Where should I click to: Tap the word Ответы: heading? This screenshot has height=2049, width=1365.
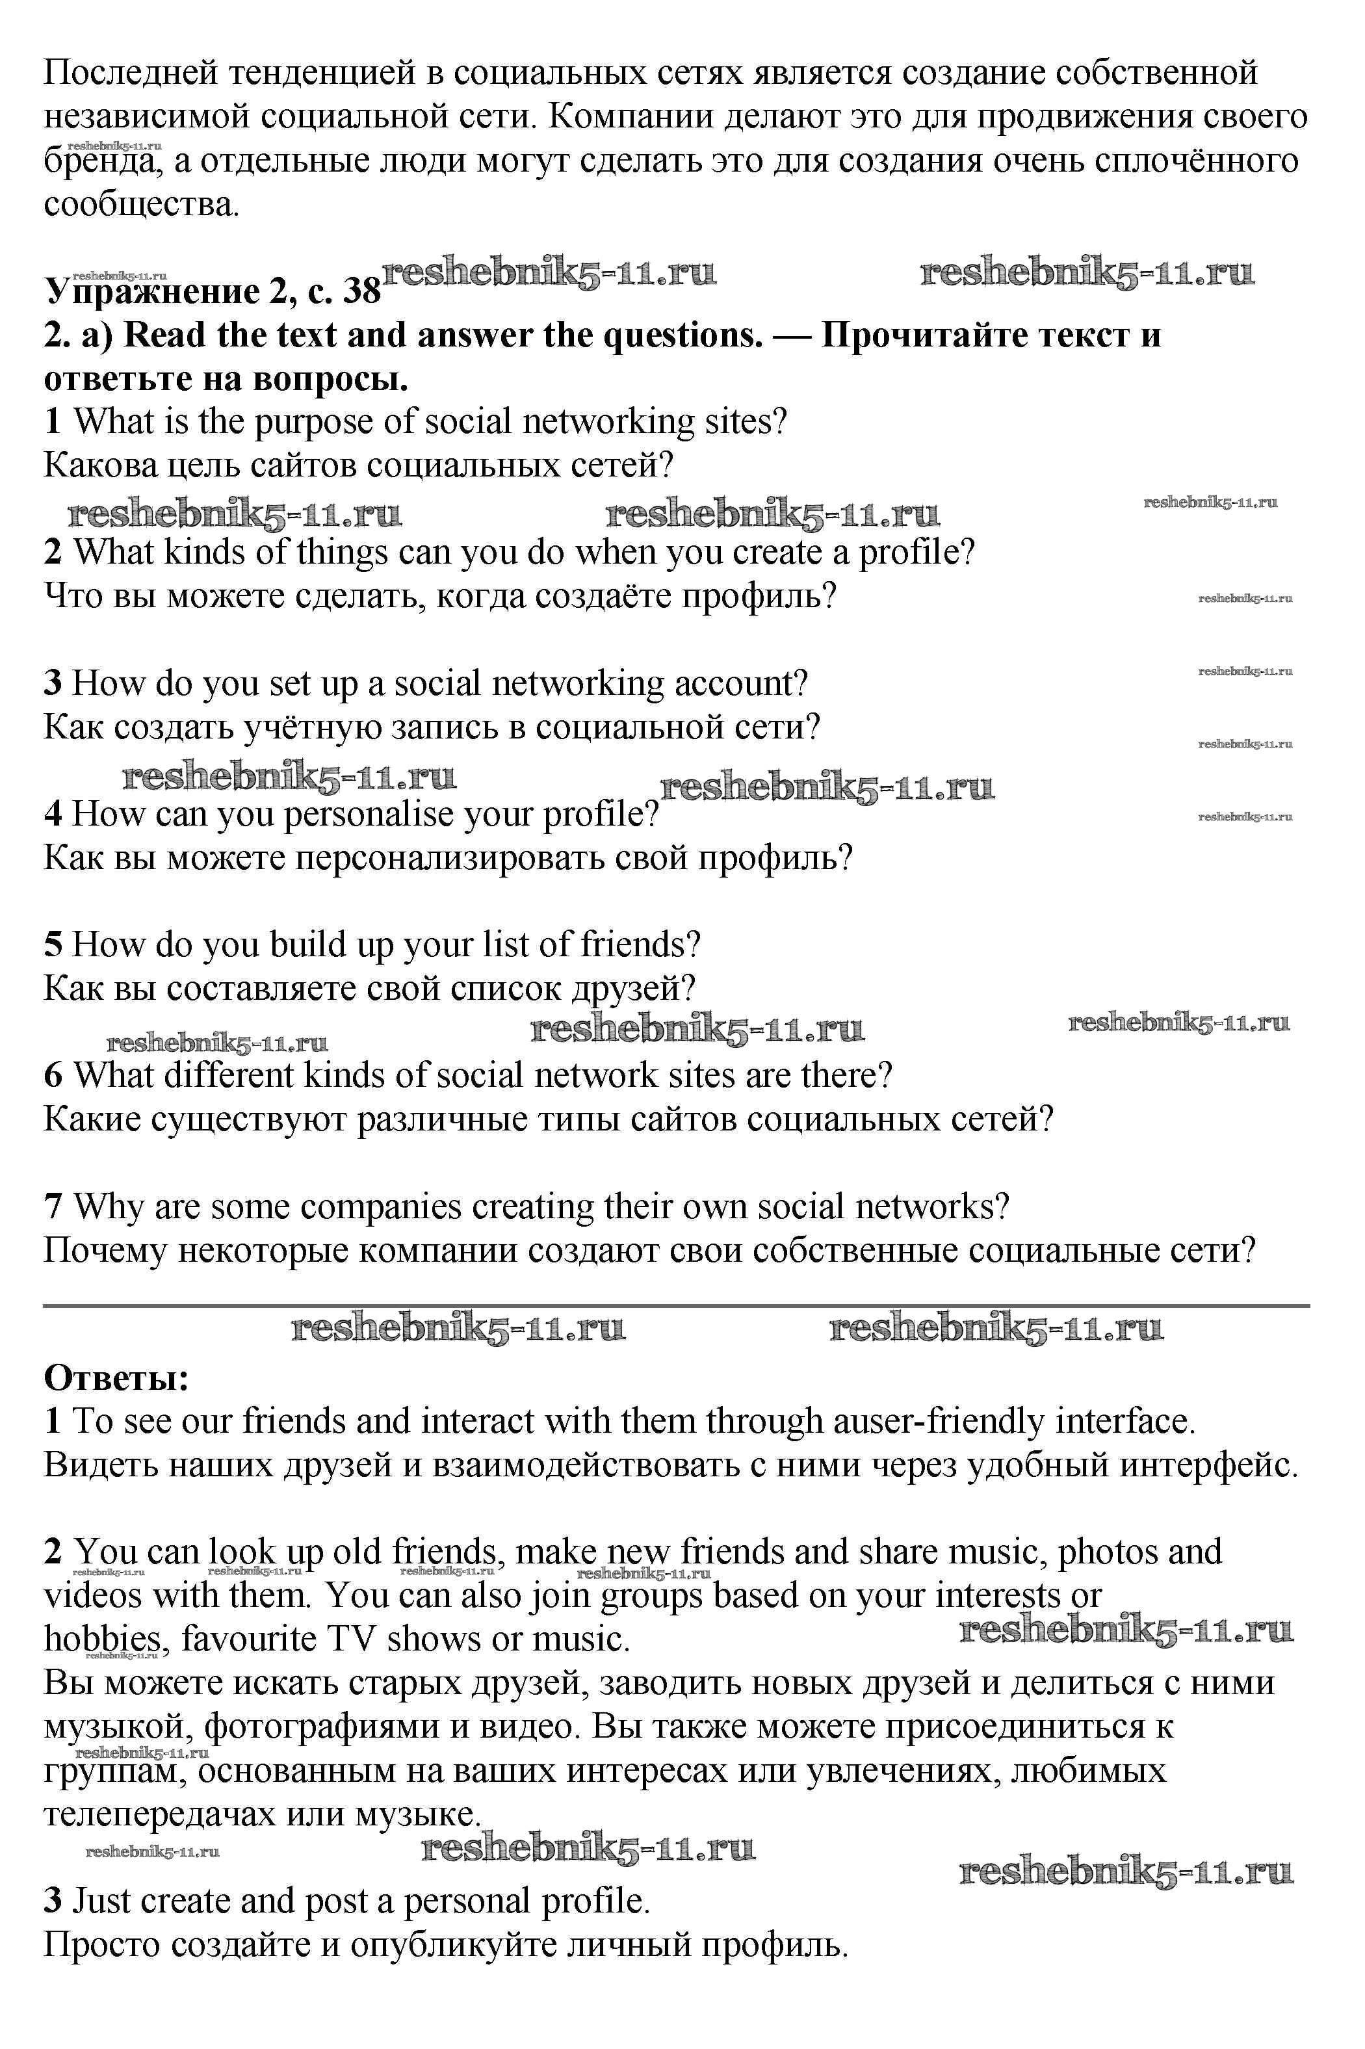coord(116,1378)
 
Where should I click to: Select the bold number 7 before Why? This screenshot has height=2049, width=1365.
coord(52,1207)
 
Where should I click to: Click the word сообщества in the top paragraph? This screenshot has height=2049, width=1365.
coord(139,205)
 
